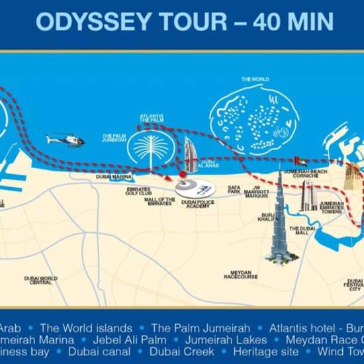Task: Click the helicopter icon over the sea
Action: click(x=66, y=140)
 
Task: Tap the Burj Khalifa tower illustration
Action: click(x=279, y=218)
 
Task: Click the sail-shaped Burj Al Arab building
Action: click(x=191, y=154)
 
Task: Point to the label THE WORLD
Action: click(x=255, y=80)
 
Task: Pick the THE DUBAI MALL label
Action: click(x=306, y=231)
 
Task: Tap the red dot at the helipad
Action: click(x=182, y=175)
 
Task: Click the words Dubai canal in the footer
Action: click(x=99, y=351)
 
